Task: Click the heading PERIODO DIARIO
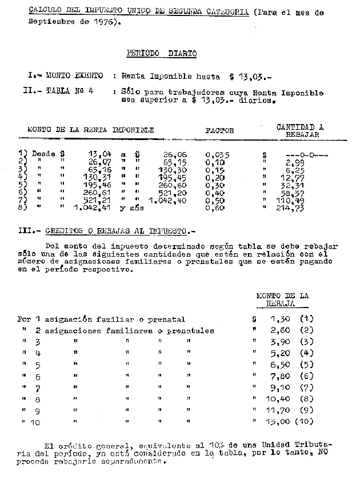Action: [161, 54]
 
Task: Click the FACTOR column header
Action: [219, 130]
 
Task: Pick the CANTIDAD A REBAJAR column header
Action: [300, 131]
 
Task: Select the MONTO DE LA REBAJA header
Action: [282, 300]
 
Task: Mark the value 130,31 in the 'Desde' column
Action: [84, 177]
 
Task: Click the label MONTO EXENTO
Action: [74, 75]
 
